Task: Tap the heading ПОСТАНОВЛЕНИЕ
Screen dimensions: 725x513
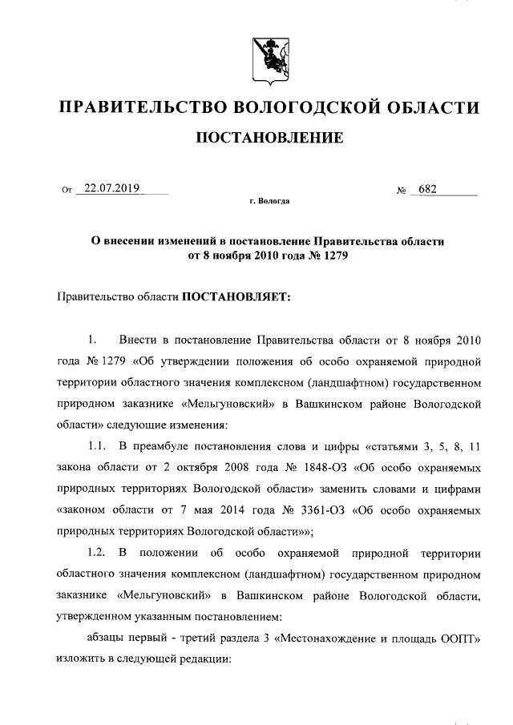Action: [x=269, y=139]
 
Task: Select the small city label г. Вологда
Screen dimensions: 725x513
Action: [x=269, y=203]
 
